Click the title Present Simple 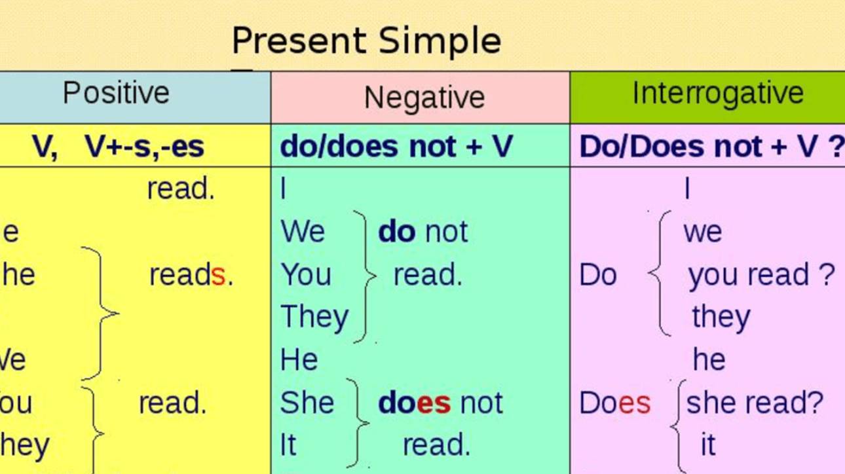tap(366, 41)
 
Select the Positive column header tap(116, 93)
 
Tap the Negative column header tap(424, 98)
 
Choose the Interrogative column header tap(717, 93)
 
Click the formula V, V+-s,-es tap(118, 147)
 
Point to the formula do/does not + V tap(396, 147)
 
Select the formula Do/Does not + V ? tap(711, 147)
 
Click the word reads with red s tap(191, 275)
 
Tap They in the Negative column tap(314, 317)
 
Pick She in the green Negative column tap(307, 403)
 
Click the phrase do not tap(423, 232)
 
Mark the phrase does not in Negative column tap(440, 403)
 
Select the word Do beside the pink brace tap(597, 276)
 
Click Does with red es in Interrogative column tap(614, 403)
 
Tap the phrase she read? tap(754, 403)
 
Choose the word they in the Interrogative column tap(721, 317)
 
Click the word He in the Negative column tap(299, 360)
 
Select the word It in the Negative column tap(288, 445)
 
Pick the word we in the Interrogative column tap(702, 232)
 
